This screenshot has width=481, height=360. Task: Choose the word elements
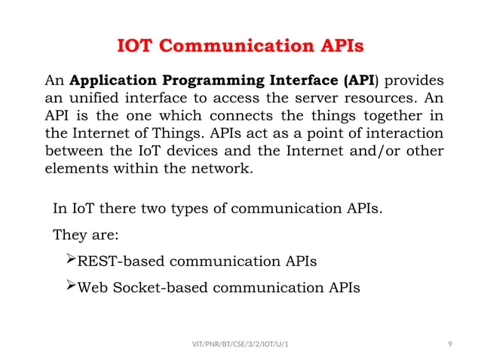(x=74, y=169)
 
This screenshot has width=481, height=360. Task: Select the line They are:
(x=84, y=234)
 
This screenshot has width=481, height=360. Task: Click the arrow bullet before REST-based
(x=71, y=260)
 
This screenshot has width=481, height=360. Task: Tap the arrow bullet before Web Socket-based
(x=71, y=286)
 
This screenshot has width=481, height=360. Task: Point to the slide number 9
(x=449, y=344)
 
